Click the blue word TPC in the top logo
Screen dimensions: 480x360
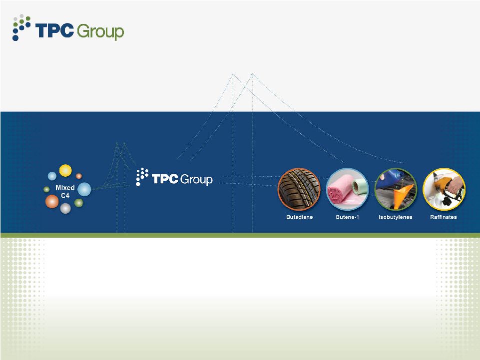pyautogui.click(x=54, y=30)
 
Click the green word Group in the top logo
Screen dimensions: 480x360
pyautogui.click(x=100, y=32)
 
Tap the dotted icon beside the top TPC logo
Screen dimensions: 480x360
pyautogui.click(x=21, y=27)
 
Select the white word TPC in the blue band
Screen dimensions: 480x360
pyautogui.click(x=165, y=179)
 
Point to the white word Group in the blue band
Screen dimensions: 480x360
pyautogui.click(x=196, y=179)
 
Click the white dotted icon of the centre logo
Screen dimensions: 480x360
pyautogui.click(x=142, y=177)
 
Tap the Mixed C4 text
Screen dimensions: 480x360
pyautogui.click(x=65, y=191)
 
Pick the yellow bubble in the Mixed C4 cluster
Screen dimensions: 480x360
pyautogui.click(x=65, y=170)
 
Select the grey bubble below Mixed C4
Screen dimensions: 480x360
pyautogui.click(x=65, y=208)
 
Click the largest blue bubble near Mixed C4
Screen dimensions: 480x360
pyautogui.click(x=84, y=189)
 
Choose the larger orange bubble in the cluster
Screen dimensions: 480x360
pyautogui.click(x=52, y=201)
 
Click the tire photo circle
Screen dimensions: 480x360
pyautogui.click(x=299, y=189)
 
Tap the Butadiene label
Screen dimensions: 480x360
pyautogui.click(x=299, y=217)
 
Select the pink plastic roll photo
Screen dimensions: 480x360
pyautogui.click(x=347, y=189)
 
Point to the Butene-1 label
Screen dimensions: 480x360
pyautogui.click(x=347, y=217)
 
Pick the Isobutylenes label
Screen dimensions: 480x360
pyautogui.click(x=395, y=217)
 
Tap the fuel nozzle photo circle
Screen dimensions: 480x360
pyautogui.click(x=444, y=189)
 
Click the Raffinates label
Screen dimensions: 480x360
pyautogui.click(x=443, y=217)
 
